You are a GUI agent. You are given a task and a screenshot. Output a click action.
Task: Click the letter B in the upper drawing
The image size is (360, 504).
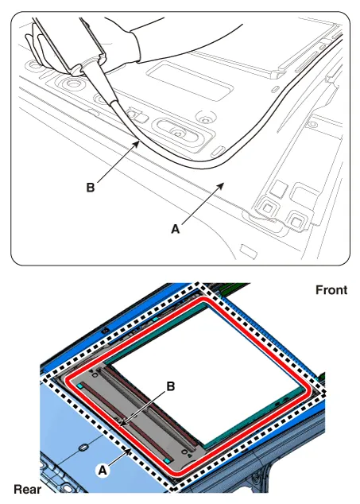pos(91,188)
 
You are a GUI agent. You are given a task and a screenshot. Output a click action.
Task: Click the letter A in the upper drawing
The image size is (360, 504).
pos(176,229)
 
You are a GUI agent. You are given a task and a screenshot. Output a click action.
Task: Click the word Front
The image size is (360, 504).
pos(331,290)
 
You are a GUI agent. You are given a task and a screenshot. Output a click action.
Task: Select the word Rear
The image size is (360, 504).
pos(28,490)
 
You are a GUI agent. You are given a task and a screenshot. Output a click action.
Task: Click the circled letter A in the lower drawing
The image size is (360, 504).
pos(103,471)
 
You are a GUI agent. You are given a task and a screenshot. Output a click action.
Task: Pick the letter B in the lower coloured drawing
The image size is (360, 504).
pos(171,386)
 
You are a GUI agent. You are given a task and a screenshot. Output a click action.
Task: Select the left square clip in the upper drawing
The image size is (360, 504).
pos(268,207)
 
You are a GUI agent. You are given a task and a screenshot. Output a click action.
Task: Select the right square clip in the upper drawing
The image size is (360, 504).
pos(295,220)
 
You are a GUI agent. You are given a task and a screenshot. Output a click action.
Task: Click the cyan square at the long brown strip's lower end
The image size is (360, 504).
pos(167,461)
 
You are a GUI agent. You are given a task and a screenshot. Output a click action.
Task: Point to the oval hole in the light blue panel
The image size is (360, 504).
pos(83,447)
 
